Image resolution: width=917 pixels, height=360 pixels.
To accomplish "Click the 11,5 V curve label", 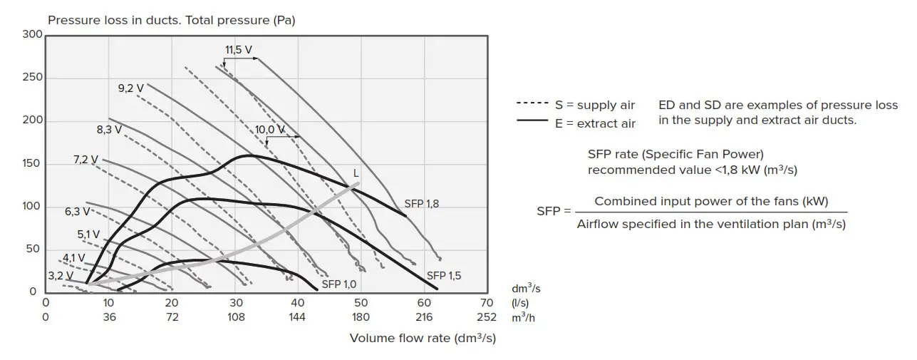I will pos(239,50).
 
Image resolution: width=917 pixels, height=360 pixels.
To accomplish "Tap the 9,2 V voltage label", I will pos(131,88).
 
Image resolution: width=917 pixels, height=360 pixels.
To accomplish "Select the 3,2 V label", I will pos(61,275).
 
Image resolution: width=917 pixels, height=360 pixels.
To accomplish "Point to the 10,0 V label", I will pos(270,129).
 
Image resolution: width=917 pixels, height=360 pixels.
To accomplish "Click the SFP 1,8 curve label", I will pos(422,204).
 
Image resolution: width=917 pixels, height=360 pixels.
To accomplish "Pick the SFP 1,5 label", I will pos(444,276).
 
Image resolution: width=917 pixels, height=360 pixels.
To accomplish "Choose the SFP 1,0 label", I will pos(339,284).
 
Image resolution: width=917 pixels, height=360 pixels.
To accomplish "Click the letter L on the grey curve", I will pos(356,173).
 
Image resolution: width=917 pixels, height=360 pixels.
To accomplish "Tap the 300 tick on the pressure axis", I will pos(33,34).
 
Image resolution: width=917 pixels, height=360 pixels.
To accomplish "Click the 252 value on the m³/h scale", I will pos(487,317).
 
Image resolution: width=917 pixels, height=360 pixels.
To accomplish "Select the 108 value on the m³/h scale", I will pos(235,317).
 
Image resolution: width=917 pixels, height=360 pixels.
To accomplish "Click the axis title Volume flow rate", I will pos(423,338).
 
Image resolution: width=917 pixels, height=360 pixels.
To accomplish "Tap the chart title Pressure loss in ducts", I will pos(171,20).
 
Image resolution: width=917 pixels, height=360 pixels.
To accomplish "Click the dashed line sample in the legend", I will pos(532,105).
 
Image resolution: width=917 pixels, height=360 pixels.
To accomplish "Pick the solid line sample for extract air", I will pos(532,121).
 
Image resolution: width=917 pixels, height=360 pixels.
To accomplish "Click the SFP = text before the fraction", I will pos(554,212).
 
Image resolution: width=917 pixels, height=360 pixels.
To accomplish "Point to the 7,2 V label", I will pos(86,160).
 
